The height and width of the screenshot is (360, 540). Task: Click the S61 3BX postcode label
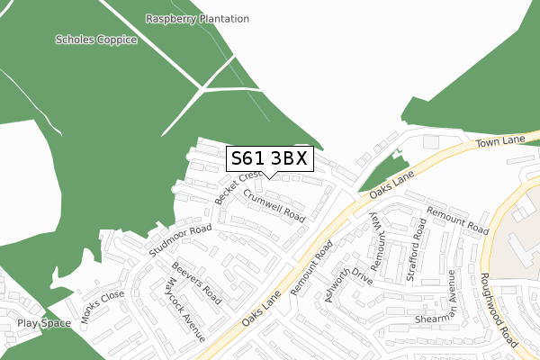coord(269,159)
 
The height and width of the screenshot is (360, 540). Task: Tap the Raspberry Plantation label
coord(184,18)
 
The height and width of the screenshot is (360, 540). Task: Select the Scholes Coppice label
coord(96,40)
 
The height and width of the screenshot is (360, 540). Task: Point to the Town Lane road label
coord(500,140)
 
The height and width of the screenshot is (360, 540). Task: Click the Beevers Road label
coord(197,282)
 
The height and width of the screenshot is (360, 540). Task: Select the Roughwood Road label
coord(498,310)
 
